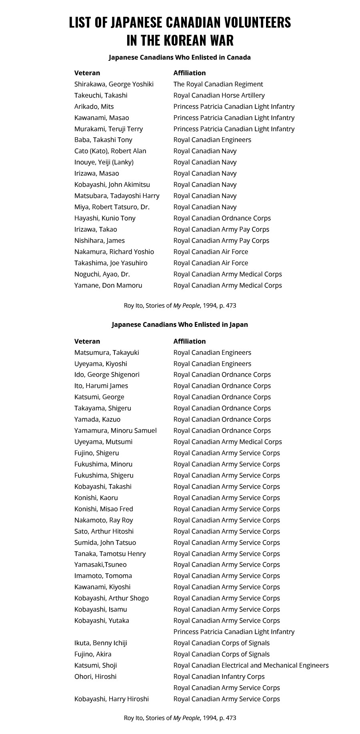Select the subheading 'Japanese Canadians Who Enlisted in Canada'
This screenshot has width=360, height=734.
point(180,57)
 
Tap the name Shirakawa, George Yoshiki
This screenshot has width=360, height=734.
point(114,84)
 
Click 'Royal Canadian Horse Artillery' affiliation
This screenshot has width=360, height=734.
point(219,95)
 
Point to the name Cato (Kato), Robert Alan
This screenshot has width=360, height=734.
point(110,151)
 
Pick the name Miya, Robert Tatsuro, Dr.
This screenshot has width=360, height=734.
point(112,207)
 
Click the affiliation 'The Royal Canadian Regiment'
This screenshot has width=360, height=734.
point(218,84)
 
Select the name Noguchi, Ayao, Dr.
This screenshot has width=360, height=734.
point(102,274)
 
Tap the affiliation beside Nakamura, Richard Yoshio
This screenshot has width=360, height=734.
point(210,252)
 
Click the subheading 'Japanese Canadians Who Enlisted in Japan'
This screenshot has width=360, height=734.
point(180,324)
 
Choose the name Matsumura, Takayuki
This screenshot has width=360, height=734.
point(106,352)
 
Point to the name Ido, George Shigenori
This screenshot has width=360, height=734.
point(107,375)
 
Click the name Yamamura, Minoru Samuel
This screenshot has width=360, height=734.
point(115,430)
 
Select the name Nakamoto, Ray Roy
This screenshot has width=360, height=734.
point(104,520)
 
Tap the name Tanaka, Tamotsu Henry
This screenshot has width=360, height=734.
point(110,554)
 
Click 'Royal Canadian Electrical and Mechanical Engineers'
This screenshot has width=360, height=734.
point(251,665)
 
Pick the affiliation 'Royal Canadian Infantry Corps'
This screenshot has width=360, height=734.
point(219,676)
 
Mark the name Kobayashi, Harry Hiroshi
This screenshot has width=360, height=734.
point(111,699)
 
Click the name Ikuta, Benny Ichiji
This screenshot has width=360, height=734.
point(100,643)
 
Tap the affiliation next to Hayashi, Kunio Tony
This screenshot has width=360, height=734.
point(222,218)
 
